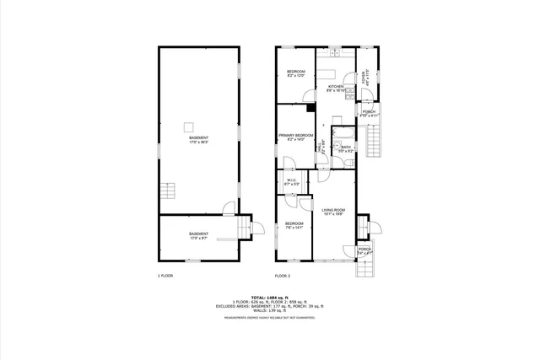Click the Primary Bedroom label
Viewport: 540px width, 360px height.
pyautogui.click(x=295, y=137)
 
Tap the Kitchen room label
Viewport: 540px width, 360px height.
pyautogui.click(x=335, y=88)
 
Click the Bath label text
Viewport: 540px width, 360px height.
pyautogui.click(x=346, y=148)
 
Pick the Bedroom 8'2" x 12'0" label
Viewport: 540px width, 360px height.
pyautogui.click(x=295, y=73)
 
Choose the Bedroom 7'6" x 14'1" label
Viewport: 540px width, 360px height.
pyautogui.click(x=293, y=225)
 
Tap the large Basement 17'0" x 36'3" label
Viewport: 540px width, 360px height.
pyautogui.click(x=198, y=140)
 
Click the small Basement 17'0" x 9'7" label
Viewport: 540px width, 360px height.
pyautogui.click(x=198, y=235)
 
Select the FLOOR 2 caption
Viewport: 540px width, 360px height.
pyautogui.click(x=282, y=276)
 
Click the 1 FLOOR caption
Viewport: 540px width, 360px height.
pyautogui.click(x=165, y=276)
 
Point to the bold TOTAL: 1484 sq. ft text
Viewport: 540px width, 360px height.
pyautogui.click(x=270, y=298)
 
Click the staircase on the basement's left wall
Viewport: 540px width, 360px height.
pyautogui.click(x=169, y=191)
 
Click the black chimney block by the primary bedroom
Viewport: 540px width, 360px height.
pyautogui.click(x=310, y=107)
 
